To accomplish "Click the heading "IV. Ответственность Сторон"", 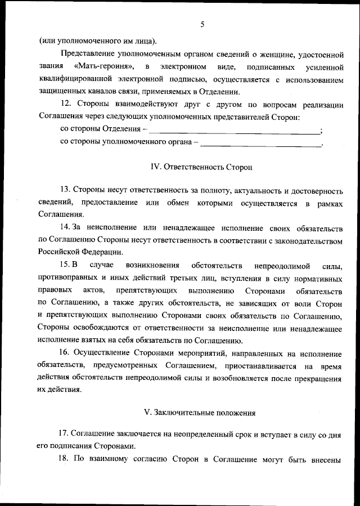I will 202,167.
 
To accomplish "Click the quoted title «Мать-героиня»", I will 104,67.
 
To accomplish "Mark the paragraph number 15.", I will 65,265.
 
